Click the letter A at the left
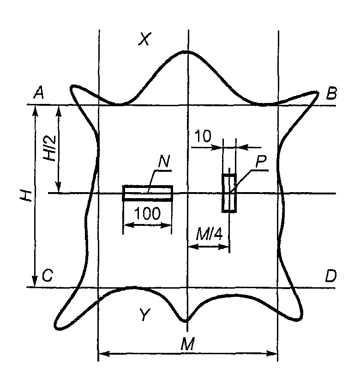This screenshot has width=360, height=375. click(39, 93)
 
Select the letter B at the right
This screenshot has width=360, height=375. click(331, 93)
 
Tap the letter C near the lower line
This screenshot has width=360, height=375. click(48, 276)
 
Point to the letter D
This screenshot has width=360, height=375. click(330, 276)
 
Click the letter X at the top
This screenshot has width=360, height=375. click(145, 39)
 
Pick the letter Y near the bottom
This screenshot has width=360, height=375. click(144, 315)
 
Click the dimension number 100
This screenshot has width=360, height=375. click(147, 213)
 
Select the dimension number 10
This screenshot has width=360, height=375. click(203, 136)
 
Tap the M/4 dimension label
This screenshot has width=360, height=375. click(210, 235)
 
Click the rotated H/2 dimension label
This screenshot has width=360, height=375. click(50, 148)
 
